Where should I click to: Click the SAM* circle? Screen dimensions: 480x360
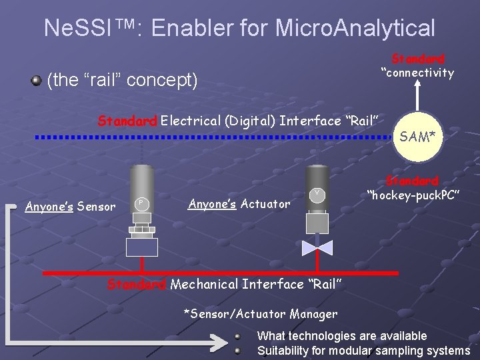point(418,137)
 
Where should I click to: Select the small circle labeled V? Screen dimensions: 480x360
point(317,194)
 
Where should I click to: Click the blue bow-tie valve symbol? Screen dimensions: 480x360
point(317,248)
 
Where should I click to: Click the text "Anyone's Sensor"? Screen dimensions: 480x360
point(70,207)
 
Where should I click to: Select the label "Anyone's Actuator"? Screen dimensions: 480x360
point(239,203)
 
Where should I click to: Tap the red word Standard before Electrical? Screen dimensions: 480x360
point(127,121)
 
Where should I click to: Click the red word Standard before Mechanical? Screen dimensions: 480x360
point(137,285)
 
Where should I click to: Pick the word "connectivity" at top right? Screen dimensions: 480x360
point(417,73)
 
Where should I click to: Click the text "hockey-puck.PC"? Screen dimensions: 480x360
point(413,195)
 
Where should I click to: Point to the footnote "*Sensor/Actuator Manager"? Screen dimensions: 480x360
point(261,313)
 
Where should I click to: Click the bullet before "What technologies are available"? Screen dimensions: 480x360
point(237,337)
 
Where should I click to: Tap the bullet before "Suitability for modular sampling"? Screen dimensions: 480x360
point(237,350)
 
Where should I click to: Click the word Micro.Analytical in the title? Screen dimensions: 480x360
point(355,28)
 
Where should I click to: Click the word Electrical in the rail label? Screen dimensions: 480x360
point(190,121)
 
